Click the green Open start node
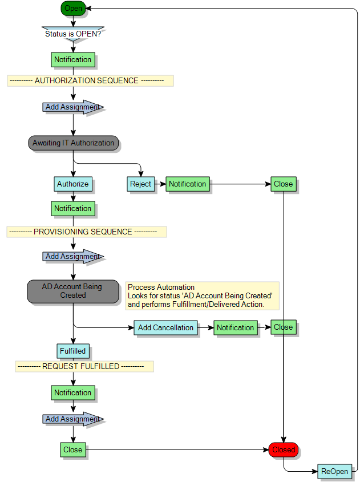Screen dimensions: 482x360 [x=73, y=8]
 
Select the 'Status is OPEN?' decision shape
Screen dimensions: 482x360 [x=73, y=33]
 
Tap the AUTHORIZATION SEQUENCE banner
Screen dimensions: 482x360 [x=90, y=80]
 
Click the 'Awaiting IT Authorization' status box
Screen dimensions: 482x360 [x=73, y=143]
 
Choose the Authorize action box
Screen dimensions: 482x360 [x=73, y=184]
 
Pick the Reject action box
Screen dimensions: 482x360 [x=140, y=184]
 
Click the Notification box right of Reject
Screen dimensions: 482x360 [x=187, y=184]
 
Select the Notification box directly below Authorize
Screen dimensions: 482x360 [x=73, y=209]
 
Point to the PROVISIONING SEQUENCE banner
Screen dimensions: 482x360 [x=87, y=232]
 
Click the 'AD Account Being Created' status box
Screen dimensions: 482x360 [x=72, y=291]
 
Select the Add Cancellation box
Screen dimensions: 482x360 [x=165, y=327]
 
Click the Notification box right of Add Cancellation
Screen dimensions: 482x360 [x=235, y=327]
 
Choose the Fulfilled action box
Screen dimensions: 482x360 [x=73, y=351]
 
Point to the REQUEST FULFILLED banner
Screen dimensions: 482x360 [x=84, y=366]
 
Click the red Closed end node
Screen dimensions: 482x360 [x=284, y=449]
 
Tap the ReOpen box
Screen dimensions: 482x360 [x=334, y=471]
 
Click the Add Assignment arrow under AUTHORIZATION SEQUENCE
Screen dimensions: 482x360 [x=73, y=107]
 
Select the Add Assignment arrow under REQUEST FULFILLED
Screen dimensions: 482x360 [x=73, y=419]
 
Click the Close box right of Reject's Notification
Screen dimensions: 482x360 [x=283, y=184]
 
